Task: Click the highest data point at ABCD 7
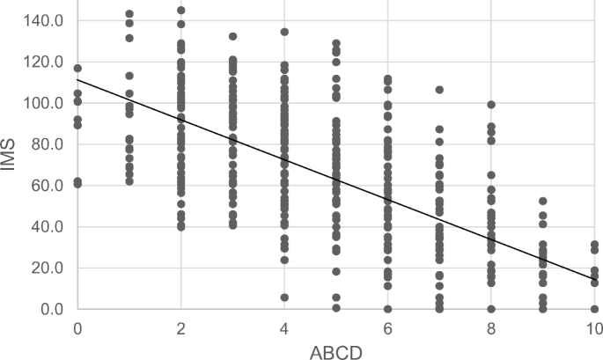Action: click(x=439, y=90)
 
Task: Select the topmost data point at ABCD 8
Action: click(x=491, y=105)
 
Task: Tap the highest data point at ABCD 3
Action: click(x=233, y=36)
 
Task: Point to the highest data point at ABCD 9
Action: click(x=543, y=202)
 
